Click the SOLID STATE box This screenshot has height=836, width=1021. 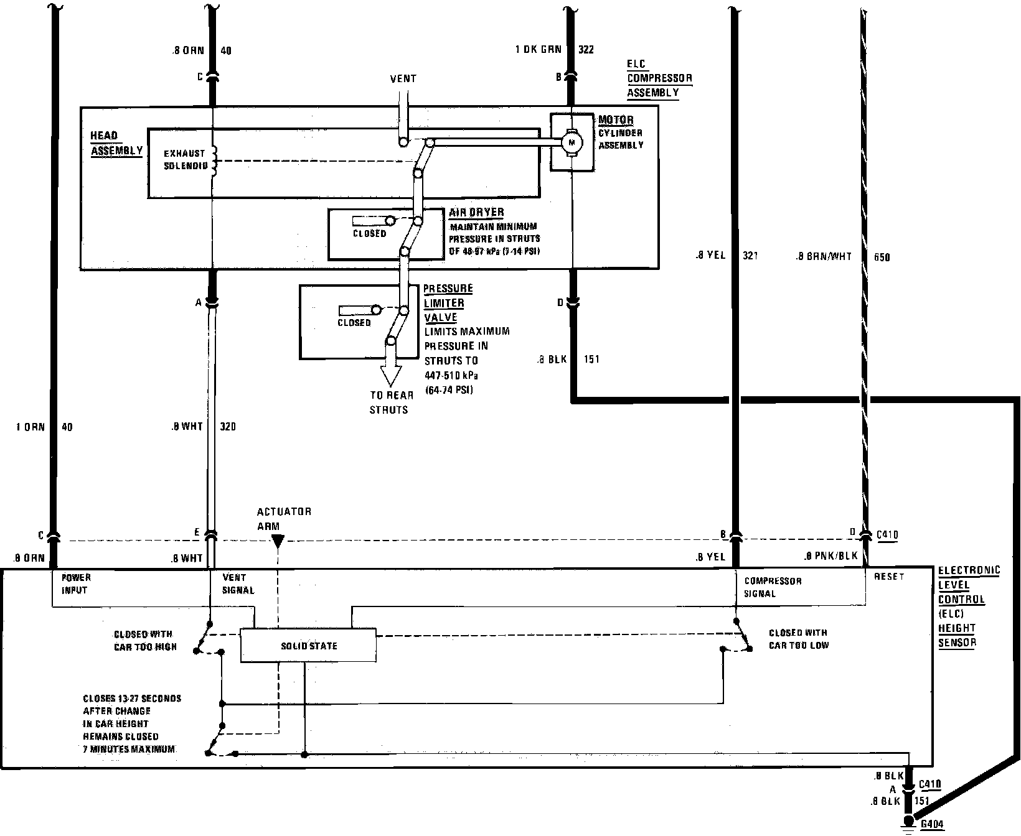[308, 646]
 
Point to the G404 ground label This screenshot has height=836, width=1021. [932, 825]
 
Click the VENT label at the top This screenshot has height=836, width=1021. [403, 79]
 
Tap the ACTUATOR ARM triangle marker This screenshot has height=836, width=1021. [278, 541]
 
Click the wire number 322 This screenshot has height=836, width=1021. [586, 50]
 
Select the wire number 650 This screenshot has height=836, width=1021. [882, 257]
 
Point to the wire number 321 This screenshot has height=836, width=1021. [750, 256]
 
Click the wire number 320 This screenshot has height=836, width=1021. [228, 427]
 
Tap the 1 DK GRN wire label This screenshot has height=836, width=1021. [538, 50]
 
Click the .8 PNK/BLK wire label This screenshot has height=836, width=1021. [831, 557]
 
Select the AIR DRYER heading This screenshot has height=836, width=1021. [476, 212]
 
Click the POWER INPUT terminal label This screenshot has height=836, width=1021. [75, 583]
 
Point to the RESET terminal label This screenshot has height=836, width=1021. [888, 577]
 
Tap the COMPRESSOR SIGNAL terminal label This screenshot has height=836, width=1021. [773, 587]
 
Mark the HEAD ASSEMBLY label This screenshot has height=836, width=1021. [116, 143]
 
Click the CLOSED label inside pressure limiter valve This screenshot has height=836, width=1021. [354, 323]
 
